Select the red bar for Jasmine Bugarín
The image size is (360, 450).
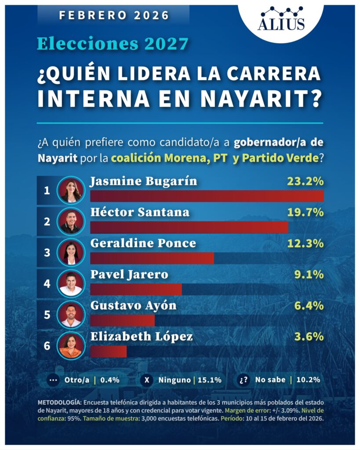[x=207, y=196]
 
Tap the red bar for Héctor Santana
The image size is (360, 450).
[x=189, y=227]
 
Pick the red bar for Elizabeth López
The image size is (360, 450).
[x=108, y=352]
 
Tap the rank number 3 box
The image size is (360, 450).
[x=47, y=253]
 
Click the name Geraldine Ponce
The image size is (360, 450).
[x=143, y=243]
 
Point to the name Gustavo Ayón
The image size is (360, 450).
[x=133, y=305]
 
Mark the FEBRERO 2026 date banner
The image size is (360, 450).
[x=114, y=15]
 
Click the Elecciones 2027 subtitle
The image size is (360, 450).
[x=113, y=44]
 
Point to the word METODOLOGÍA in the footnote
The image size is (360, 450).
[x=59, y=402]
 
